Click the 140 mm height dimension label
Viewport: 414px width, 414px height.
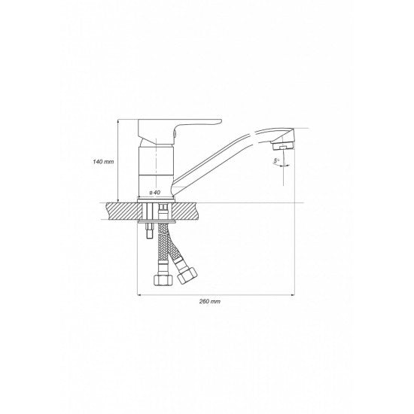tap(103, 161)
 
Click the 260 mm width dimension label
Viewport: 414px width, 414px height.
tap(210, 301)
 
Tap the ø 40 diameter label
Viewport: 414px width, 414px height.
tap(155, 193)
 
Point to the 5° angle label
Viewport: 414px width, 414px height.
tap(276, 160)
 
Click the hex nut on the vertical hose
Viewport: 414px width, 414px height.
tap(163, 279)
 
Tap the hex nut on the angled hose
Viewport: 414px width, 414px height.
tap(187, 275)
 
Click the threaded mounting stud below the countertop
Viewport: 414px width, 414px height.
tap(150, 230)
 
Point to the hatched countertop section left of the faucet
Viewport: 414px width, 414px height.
tap(123, 211)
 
